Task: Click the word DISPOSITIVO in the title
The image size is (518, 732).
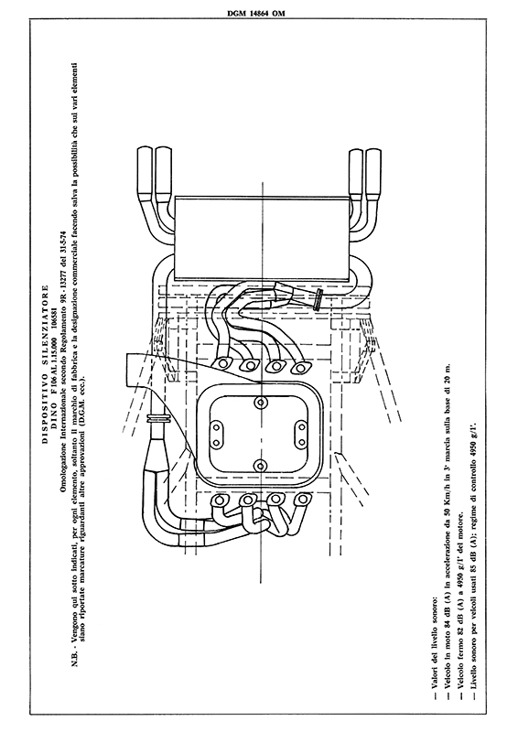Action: point(46,413)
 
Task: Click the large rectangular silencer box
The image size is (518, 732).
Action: point(261,238)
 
